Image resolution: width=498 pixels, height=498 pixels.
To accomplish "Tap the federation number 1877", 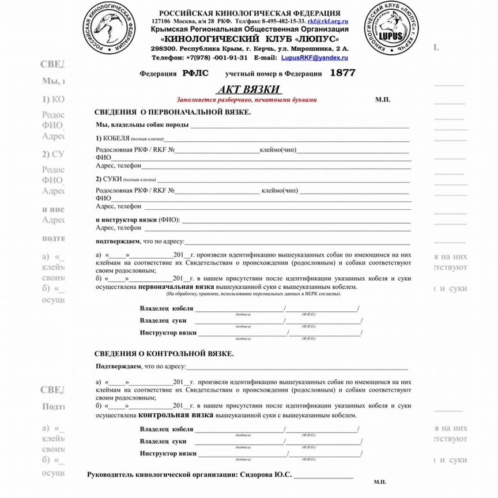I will coord(342,73).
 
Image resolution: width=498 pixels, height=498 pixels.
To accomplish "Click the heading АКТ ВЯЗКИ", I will coord(249,89).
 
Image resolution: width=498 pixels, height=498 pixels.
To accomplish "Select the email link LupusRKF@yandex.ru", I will coord(314,58).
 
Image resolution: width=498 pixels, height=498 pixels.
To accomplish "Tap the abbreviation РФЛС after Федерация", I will coord(196,74).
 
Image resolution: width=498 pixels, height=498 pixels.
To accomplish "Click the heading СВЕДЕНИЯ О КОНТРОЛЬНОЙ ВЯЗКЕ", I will coord(164,353).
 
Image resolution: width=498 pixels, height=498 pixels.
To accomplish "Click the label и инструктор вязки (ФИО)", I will coord(138,220).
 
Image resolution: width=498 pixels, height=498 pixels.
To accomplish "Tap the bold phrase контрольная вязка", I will coord(176,414).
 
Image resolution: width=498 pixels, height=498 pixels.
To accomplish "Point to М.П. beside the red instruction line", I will coord(383,100).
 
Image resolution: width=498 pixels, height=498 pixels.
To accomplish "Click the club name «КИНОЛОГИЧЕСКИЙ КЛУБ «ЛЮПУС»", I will coord(250,38).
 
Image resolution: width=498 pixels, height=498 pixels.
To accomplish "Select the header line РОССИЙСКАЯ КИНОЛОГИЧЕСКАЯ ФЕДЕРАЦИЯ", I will coord(250,13).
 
